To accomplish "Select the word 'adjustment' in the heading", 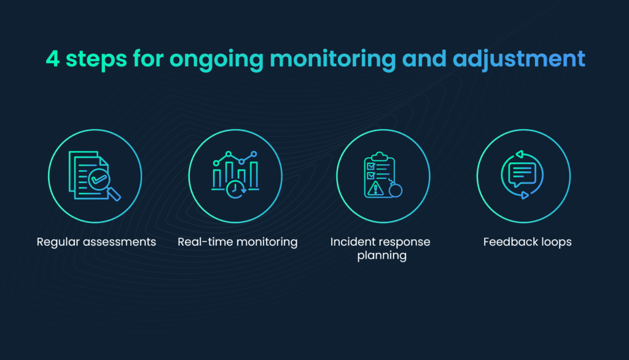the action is [x=518, y=60].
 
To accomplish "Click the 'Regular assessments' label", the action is [x=96, y=242].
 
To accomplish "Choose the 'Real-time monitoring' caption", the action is [x=237, y=242].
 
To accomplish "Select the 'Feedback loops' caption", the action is [x=527, y=242].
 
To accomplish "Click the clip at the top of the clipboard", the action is [x=380, y=156].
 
